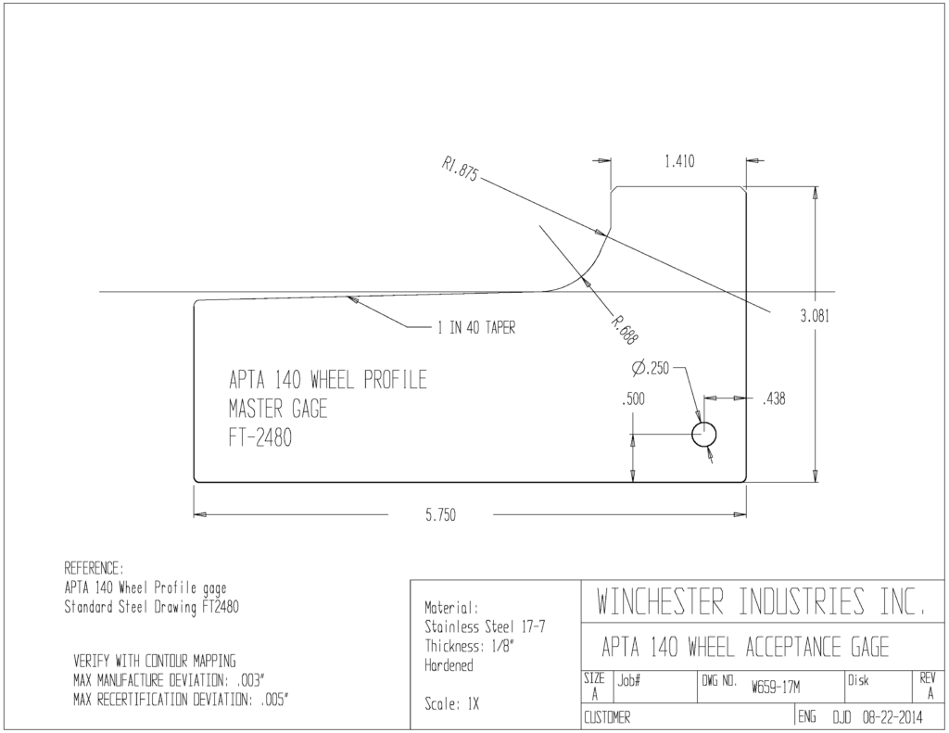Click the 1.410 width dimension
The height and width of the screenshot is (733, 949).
coord(679,161)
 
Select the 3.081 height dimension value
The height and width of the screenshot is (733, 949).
coord(815,316)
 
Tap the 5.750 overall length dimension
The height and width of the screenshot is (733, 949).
coord(440,515)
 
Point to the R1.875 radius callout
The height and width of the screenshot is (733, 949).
coord(460,169)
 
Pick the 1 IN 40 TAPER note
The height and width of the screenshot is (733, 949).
coord(476,328)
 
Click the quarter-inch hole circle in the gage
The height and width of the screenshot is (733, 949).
coord(704,435)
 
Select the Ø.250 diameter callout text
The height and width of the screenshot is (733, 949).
coord(650,367)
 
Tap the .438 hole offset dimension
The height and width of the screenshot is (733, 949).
coord(774,398)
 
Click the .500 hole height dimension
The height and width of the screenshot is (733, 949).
coord(633,398)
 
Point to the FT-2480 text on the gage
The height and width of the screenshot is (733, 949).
coord(260,437)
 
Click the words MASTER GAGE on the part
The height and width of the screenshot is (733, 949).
coord(278,409)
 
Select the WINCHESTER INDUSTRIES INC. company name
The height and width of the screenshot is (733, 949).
coord(761,601)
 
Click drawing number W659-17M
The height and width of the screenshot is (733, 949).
coord(776,688)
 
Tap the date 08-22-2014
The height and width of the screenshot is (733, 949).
coord(892,718)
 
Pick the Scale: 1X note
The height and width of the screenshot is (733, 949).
coord(451,704)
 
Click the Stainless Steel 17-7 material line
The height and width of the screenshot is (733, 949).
coord(485,626)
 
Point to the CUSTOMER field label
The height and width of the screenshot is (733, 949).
coord(607,718)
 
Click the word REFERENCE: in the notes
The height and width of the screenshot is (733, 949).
coord(94,568)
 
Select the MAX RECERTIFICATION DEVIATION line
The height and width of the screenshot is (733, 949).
coord(181,701)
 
